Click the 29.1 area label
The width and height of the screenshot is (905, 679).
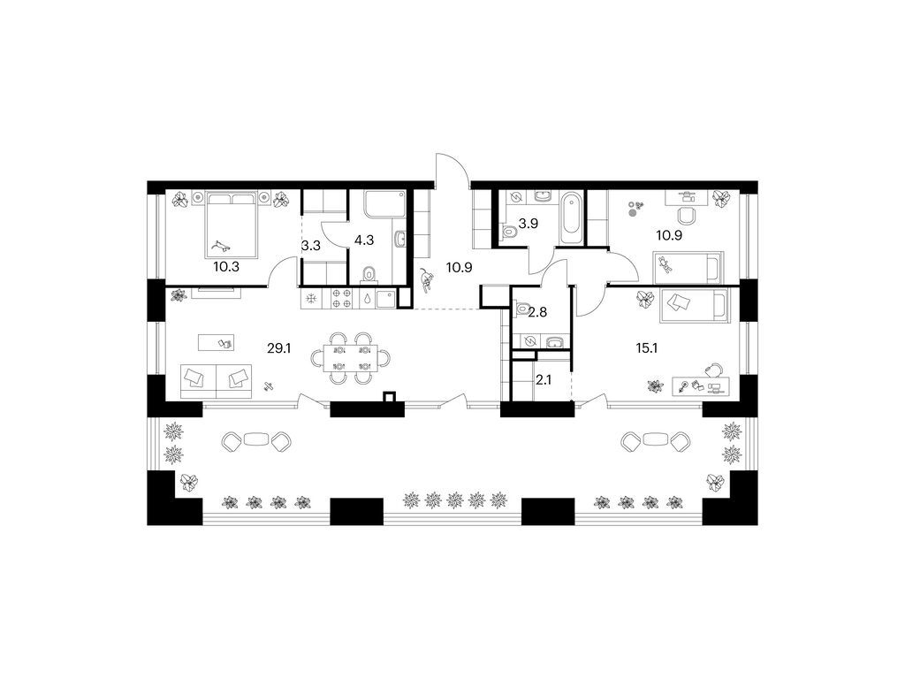[278, 348]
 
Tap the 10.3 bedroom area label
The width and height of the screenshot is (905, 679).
[226, 267]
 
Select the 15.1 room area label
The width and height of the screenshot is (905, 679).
[647, 348]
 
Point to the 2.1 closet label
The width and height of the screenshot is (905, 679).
[544, 379]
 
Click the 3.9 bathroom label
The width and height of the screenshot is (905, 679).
[529, 224]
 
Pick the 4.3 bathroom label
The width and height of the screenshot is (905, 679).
[364, 240]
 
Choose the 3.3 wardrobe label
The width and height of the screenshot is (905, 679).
[311, 246]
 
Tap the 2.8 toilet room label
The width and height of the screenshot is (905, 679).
[538, 312]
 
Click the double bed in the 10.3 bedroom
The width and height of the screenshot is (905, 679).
[231, 225]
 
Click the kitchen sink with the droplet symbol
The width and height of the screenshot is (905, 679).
[367, 299]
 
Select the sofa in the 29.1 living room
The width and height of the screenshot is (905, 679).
[216, 380]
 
